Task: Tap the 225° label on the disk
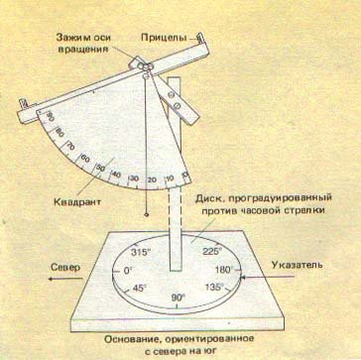[210, 251]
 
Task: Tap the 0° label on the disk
[128, 269]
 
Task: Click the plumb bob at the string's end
[147, 212]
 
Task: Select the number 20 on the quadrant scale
[150, 180]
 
